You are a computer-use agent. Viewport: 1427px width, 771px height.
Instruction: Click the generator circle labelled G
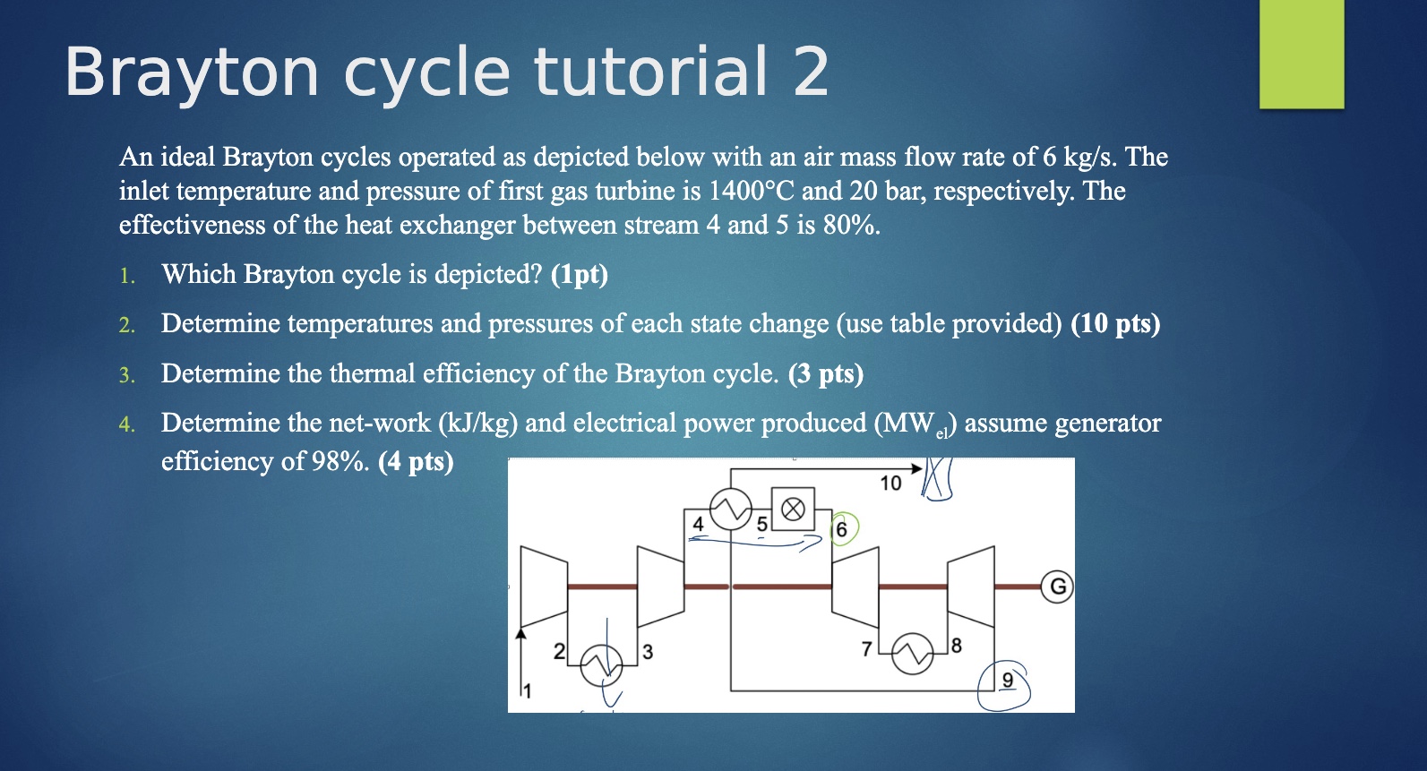(x=1058, y=587)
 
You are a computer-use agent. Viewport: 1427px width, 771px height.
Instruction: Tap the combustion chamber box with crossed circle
(x=793, y=510)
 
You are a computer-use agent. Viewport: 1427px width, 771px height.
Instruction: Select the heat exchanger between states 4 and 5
(x=730, y=510)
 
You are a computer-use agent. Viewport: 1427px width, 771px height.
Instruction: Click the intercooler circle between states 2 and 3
(x=599, y=664)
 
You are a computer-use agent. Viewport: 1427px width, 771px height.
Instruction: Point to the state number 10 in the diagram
(x=890, y=484)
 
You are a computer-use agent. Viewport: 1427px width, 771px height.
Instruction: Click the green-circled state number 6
(x=841, y=529)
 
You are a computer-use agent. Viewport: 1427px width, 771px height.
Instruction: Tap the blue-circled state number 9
(x=1007, y=681)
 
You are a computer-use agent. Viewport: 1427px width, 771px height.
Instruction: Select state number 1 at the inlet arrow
(x=527, y=690)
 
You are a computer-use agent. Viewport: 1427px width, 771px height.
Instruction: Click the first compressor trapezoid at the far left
(x=544, y=587)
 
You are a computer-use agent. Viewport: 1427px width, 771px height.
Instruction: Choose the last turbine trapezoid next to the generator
(x=971, y=587)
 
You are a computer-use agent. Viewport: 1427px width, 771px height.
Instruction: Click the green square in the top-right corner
(x=1302, y=54)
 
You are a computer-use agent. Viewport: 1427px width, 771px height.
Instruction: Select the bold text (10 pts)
(x=1115, y=323)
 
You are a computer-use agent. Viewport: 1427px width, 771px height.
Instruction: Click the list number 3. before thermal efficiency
(x=127, y=375)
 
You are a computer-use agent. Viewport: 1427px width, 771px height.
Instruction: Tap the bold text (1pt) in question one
(x=580, y=274)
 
